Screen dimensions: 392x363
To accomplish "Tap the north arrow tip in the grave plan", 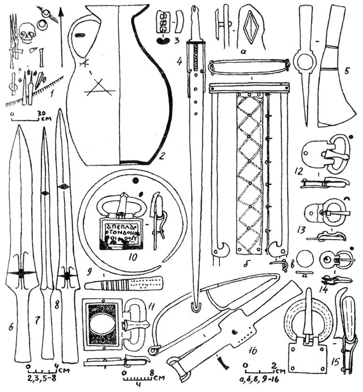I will (62, 9).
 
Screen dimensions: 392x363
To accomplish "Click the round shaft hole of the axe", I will (306, 63).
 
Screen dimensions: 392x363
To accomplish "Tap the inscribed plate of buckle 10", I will (120, 232).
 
